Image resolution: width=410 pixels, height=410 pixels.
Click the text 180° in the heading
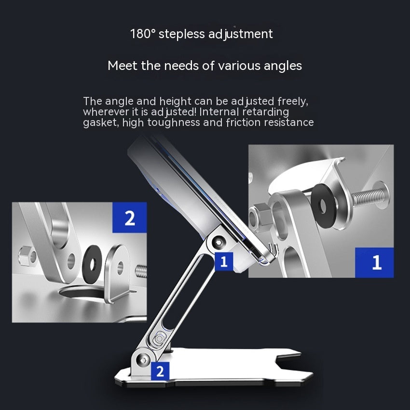142,34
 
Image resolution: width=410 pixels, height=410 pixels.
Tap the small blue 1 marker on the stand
223,261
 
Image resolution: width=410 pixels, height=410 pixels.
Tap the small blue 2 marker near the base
160,371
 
